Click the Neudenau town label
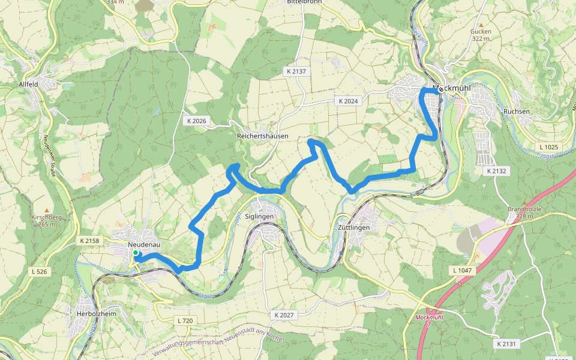143,245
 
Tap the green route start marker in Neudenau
136,254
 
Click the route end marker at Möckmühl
441,89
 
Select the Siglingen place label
259,216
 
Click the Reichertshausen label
263,136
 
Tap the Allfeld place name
28,85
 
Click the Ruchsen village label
517,112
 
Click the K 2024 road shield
348,101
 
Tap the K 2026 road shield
196,121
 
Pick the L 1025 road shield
548,147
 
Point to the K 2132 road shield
497,171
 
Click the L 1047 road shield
462,271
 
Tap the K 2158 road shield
89,241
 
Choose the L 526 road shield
40,272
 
